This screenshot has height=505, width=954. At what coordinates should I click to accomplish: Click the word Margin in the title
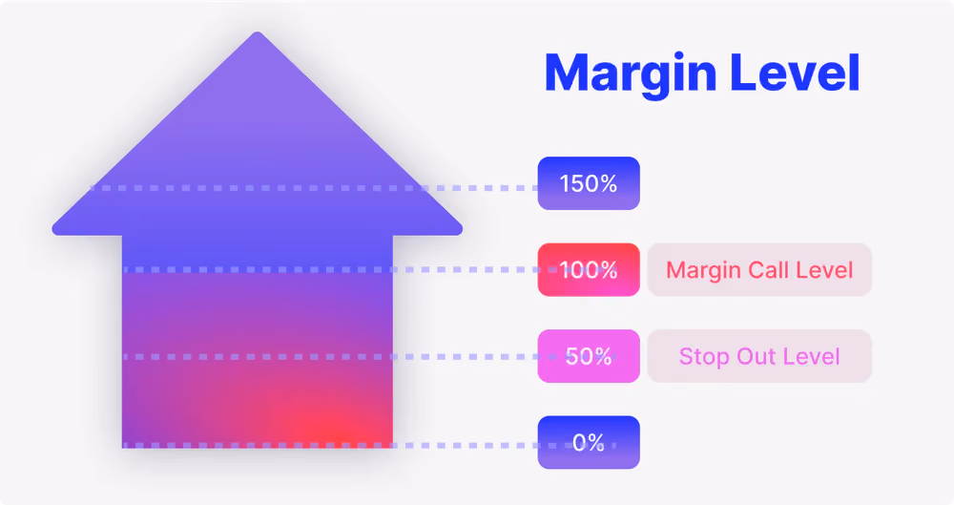631,74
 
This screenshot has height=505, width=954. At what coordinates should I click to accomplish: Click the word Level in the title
795,73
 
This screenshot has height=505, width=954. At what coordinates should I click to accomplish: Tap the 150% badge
589,183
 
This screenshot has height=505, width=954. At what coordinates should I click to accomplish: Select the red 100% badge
589,270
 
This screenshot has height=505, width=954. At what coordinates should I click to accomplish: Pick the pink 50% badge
589,356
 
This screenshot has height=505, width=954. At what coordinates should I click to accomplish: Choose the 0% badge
589,442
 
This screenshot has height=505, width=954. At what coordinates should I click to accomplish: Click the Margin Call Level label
759,270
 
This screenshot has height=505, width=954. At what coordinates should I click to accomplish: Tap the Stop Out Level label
759,356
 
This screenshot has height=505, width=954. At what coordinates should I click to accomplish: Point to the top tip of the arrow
258,32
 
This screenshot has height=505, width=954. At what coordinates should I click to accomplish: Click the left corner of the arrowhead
53,230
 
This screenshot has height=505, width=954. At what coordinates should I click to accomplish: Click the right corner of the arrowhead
461,230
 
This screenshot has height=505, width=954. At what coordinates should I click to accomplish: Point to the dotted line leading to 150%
314,188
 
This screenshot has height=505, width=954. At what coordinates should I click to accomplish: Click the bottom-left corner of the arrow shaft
123,447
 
